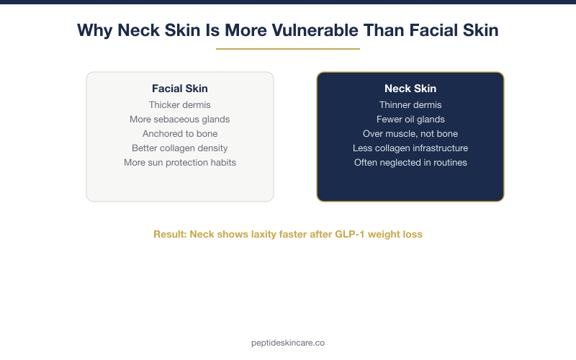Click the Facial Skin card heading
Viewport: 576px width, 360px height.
coord(179,89)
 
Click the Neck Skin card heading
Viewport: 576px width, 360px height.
coord(410,89)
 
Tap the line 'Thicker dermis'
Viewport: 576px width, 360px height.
coord(179,104)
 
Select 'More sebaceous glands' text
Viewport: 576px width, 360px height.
coord(179,119)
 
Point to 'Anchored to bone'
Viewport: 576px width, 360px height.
coord(179,133)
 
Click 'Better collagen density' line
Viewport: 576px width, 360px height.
coord(179,148)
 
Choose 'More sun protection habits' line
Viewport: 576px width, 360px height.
coord(179,162)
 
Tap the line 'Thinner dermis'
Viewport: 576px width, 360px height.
coord(410,104)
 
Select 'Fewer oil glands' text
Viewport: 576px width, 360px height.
coord(410,119)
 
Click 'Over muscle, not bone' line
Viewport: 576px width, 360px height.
coord(410,133)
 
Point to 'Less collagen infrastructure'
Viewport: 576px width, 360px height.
coord(410,148)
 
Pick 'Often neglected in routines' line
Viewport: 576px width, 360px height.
coord(410,162)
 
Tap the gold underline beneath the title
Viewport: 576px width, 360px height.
coord(288,49)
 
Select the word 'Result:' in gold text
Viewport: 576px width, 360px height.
coord(170,234)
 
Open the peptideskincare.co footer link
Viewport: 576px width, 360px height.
coord(288,343)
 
